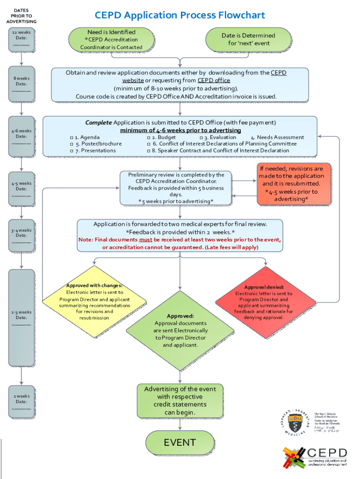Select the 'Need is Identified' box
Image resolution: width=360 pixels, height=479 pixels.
coord(111,39)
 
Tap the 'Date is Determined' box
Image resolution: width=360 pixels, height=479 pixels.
coord(248,39)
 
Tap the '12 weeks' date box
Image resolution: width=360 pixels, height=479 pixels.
coord(21,39)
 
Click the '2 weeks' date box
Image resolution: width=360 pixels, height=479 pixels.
coord(21,401)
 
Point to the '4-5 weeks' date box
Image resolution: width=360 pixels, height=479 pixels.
coord(21,188)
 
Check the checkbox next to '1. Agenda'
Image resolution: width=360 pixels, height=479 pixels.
coord(72,138)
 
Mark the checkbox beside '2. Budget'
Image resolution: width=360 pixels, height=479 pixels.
coord(149,138)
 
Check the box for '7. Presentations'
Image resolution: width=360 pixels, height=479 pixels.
coord(72,151)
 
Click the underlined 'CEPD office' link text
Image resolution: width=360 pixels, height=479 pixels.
coord(214,80)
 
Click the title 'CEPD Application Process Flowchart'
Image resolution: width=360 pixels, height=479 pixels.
coord(180,15)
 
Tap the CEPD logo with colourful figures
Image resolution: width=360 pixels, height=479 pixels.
coord(314,457)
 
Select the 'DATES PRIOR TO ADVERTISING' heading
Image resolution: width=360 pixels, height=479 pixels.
coord(21,16)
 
